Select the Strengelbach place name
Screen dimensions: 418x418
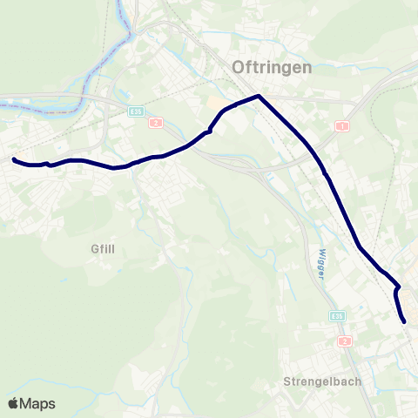tap(322, 381)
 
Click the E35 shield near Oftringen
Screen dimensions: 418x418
tap(135, 111)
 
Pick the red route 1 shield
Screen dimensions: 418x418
tap(342, 126)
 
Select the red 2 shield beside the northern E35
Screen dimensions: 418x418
tap(154, 123)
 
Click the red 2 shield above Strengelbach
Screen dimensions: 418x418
tap(345, 340)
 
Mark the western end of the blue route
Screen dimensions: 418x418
tap(14, 159)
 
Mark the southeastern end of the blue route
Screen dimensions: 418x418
tap(405, 321)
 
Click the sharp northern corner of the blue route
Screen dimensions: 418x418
tap(259, 96)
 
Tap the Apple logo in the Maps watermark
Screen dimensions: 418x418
tap(14, 403)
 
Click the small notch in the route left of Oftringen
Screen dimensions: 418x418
tap(209, 132)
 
